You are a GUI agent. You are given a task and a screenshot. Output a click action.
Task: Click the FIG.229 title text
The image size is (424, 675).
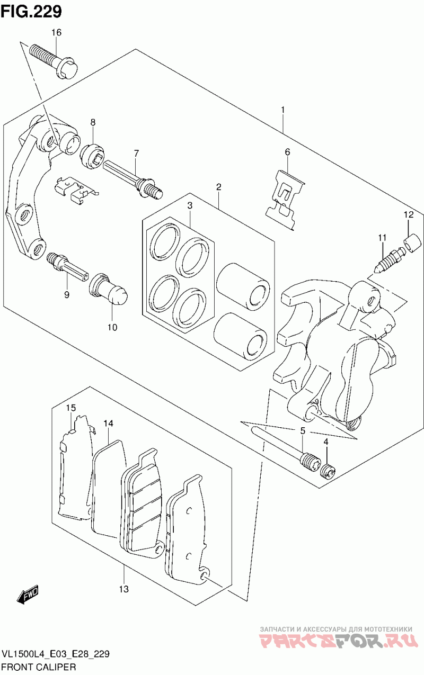coord(31,12)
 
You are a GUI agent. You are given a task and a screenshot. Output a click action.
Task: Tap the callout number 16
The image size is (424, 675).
coord(56,32)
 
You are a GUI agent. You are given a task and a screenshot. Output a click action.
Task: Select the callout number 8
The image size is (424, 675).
coord(93,122)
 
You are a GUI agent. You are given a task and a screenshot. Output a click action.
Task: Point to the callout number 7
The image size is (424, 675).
coord(136,154)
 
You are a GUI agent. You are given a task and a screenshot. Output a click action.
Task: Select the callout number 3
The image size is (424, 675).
coord(190,206)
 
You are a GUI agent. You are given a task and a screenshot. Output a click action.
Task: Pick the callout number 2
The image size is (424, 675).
coord(218,187)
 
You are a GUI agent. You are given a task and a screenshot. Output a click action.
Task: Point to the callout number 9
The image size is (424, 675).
coord(66,294)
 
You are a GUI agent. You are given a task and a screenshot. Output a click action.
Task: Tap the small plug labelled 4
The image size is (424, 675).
coord(329,471)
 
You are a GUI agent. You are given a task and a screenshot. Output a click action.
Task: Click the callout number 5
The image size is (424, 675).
coord(303,431)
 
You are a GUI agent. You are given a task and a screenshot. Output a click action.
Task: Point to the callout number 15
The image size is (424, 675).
coord(71,408)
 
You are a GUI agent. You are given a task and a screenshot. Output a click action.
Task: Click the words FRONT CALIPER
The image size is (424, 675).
coord(39,667)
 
